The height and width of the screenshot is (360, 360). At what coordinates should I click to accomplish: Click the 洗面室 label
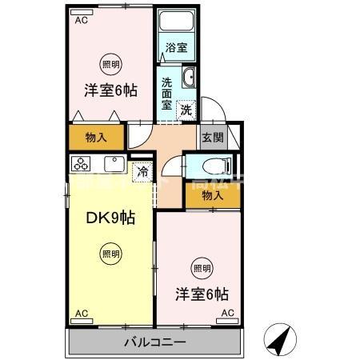click(166, 93)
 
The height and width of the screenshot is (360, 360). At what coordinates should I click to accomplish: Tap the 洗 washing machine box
click(186, 110)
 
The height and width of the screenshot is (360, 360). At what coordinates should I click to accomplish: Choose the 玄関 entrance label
click(211, 137)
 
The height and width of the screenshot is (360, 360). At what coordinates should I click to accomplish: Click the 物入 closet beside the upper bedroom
click(96, 137)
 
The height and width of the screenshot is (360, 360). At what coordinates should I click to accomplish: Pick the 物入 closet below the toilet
click(212, 194)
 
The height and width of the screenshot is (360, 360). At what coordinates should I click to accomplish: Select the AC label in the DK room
click(80, 313)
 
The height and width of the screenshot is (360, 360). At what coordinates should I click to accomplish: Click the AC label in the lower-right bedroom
click(226, 313)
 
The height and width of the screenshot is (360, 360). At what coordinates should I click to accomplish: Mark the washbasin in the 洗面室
click(189, 77)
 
